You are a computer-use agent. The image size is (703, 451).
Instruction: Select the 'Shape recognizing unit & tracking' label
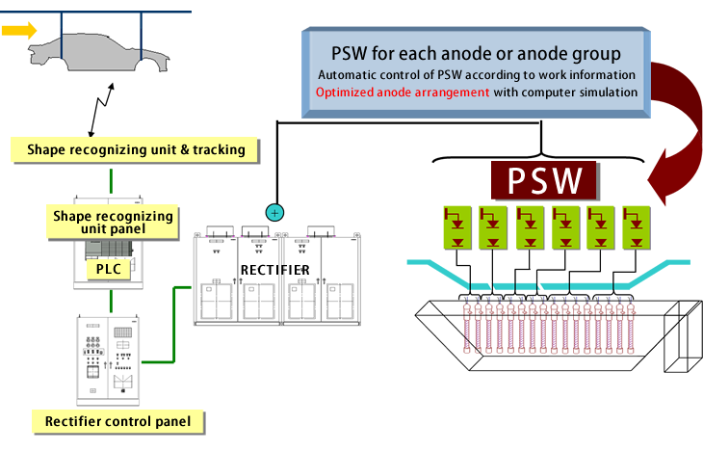(136, 149)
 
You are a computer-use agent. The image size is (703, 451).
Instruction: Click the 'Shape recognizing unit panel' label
(114, 222)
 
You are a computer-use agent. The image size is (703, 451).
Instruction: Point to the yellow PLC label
(107, 271)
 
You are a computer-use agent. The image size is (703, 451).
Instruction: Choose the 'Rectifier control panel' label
(117, 421)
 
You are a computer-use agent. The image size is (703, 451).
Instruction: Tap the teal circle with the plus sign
(274, 211)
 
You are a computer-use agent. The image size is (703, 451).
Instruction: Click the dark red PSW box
(545, 179)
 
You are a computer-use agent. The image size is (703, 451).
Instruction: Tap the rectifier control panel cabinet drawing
(109, 358)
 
